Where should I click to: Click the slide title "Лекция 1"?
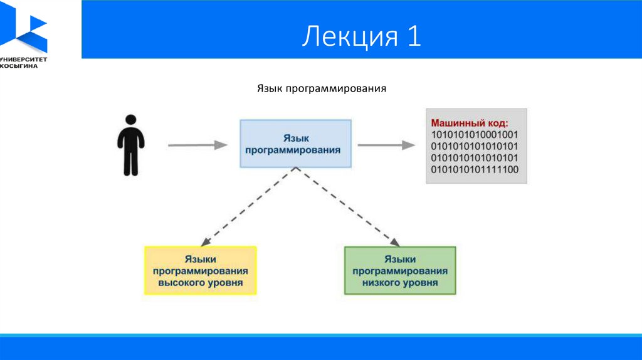coord(362,36)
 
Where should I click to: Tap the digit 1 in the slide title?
coord(414,35)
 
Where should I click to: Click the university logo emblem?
coord(24,26)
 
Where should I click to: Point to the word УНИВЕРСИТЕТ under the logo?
coord(24,60)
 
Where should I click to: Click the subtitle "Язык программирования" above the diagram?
coord(322,88)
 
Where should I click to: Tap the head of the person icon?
coord(131,120)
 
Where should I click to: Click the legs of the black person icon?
coord(131,162)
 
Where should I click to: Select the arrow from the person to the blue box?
coord(197,145)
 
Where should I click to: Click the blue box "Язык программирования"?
coord(296,144)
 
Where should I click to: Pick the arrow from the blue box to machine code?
coord(386,145)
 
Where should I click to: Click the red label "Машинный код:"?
coord(469,123)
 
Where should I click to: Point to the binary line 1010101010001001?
coord(475,134)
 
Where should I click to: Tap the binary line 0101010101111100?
coord(475,169)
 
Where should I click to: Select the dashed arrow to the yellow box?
coord(248,207)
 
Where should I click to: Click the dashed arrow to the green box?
coord(347,207)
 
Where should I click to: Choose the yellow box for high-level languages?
coord(200,270)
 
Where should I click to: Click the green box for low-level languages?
coord(400,270)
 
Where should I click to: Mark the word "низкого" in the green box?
coord(379,283)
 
